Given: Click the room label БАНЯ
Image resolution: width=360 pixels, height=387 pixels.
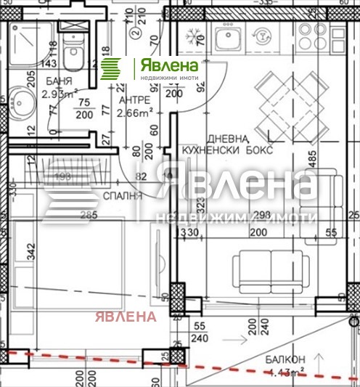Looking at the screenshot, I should [x=53, y=81].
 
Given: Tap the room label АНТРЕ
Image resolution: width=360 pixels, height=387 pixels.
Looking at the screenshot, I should [x=134, y=99].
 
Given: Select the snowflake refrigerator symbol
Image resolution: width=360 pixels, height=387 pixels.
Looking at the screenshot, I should [x=194, y=36].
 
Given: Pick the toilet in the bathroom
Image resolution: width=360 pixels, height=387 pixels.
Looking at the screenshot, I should [x=73, y=54].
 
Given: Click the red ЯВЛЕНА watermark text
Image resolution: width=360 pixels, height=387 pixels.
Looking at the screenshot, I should [x=123, y=317].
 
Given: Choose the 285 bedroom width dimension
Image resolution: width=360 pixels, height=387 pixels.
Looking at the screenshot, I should [x=89, y=216].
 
